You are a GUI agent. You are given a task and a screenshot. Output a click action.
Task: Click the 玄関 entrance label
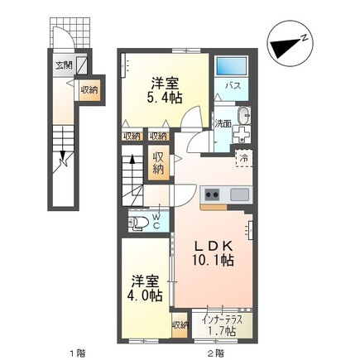[63, 65]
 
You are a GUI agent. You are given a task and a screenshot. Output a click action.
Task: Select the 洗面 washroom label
[223, 123]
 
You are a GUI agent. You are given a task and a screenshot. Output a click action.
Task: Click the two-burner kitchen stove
[211, 194]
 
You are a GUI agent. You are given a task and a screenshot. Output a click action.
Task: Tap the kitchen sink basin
[238, 194]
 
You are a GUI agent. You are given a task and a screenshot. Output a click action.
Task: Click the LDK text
[213, 247]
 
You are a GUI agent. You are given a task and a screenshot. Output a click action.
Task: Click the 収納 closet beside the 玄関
[89, 90]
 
